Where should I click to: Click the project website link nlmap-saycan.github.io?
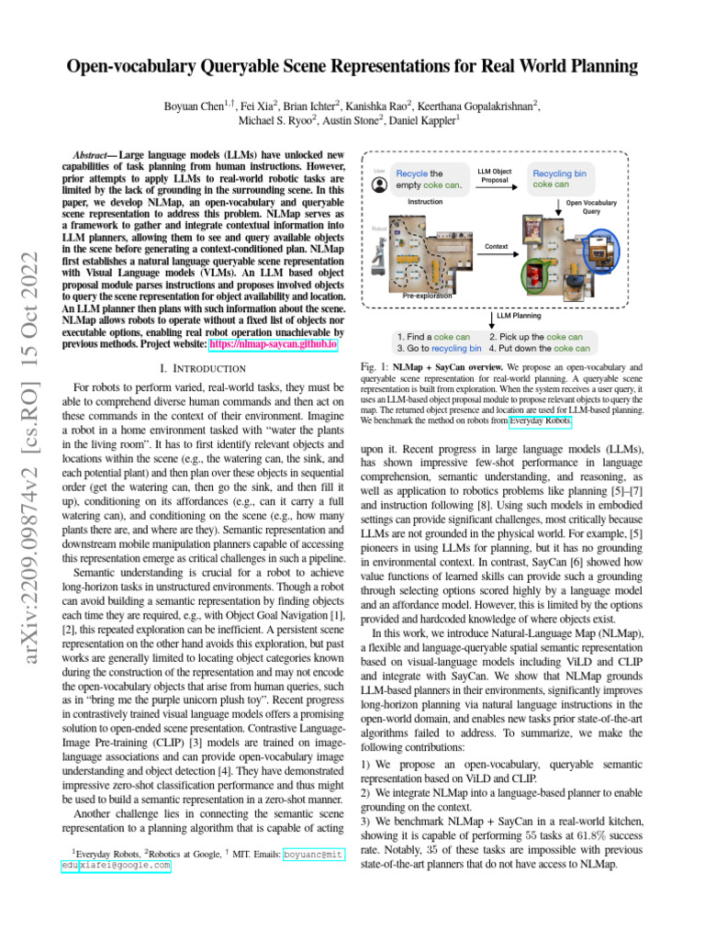[x=286, y=345]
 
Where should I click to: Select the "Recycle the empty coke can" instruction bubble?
[x=429, y=178]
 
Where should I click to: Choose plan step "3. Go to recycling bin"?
[x=438, y=349]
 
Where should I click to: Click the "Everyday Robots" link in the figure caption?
[x=540, y=421]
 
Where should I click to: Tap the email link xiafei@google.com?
[x=125, y=865]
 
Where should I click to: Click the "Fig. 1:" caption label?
[x=375, y=366]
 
